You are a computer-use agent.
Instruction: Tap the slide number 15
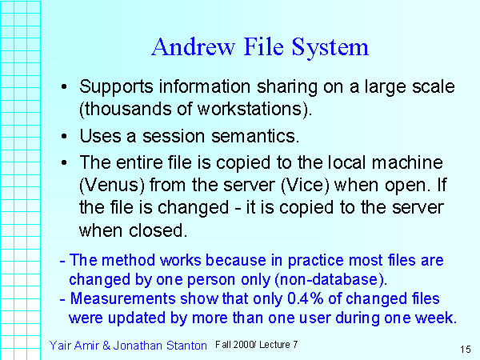[465, 349]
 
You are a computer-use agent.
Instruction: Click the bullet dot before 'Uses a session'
[65, 137]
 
